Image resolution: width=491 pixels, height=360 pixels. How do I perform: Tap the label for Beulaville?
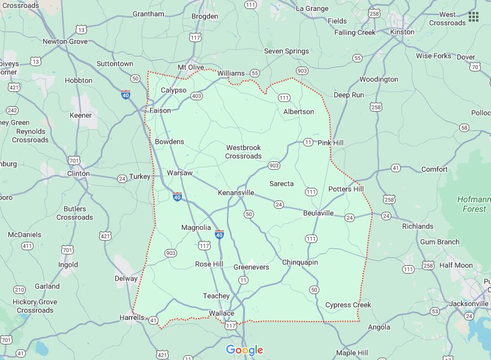point(318,213)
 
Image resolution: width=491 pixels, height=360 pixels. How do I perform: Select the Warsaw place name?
point(179,173)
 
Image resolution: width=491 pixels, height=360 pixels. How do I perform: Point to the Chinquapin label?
point(300,262)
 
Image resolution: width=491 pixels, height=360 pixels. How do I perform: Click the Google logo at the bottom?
point(245,350)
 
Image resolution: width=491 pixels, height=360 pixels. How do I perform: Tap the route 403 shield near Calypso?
point(196,95)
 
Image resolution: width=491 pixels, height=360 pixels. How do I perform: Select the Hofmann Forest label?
point(474,204)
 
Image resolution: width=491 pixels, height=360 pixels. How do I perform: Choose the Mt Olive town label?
point(191,67)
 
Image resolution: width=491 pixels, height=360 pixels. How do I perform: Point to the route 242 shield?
point(12,110)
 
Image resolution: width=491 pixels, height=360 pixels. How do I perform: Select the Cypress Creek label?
point(348,305)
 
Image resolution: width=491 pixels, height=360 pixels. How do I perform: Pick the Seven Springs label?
point(287,52)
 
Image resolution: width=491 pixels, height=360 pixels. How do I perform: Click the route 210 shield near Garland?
point(20,290)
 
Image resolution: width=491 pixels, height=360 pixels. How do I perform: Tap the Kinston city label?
point(402,32)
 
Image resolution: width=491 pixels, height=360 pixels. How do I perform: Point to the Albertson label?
point(298,112)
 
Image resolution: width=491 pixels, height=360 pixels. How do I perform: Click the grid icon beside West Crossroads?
point(474,16)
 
